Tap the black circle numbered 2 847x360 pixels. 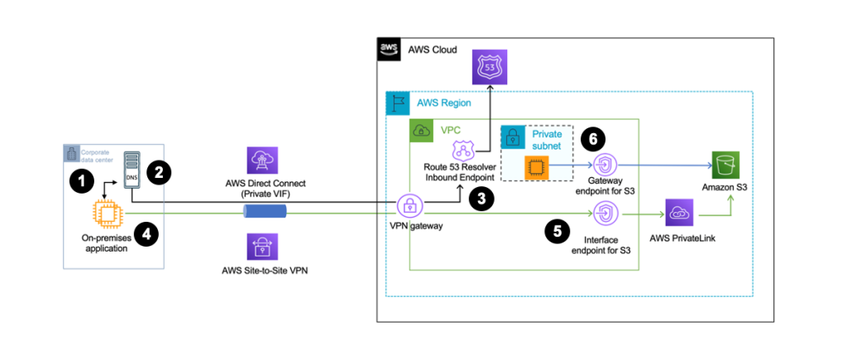pyautogui.click(x=159, y=172)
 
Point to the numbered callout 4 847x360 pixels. pyautogui.click(x=146, y=234)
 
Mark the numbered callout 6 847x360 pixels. pyautogui.click(x=593, y=138)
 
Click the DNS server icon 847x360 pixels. pyautogui.click(x=131, y=169)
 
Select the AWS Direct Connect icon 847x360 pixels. pyautogui.click(x=262, y=161)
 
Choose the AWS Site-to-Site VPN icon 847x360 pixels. pyautogui.click(x=262, y=247)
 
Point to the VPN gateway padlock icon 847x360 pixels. pyautogui.click(x=410, y=207)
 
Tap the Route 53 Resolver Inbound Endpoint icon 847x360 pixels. pyautogui.click(x=461, y=151)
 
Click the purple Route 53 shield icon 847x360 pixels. pyautogui.click(x=488, y=66)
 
